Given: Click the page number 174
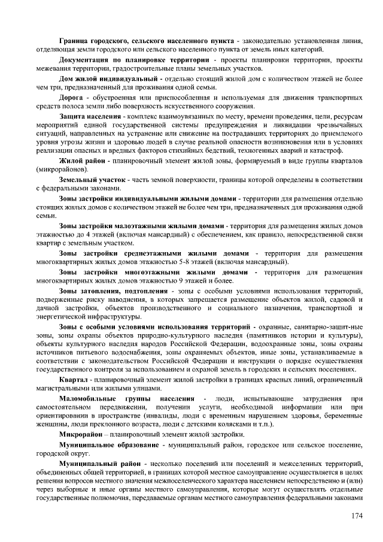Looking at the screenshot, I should coord(356,516).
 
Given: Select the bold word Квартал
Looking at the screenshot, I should coord(74,380).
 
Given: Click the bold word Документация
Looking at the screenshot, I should coord(86,60).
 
